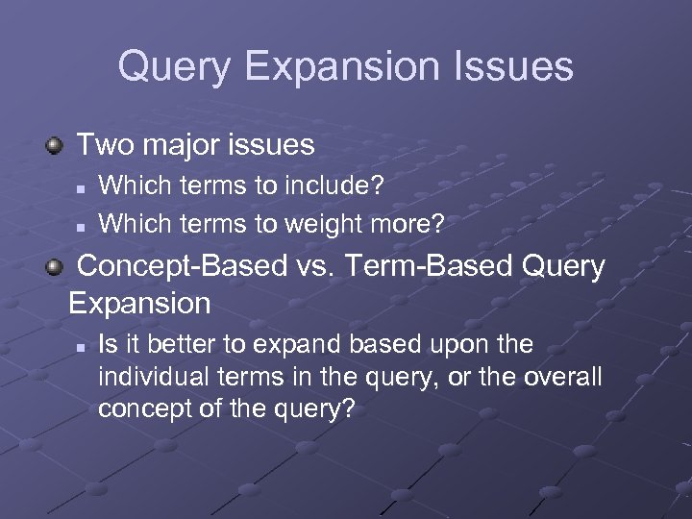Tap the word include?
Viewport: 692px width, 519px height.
tap(341, 185)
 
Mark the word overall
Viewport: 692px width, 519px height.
tap(563, 377)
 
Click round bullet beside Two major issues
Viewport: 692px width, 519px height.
tap(57, 146)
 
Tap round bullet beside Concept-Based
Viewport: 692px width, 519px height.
tap(57, 267)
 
